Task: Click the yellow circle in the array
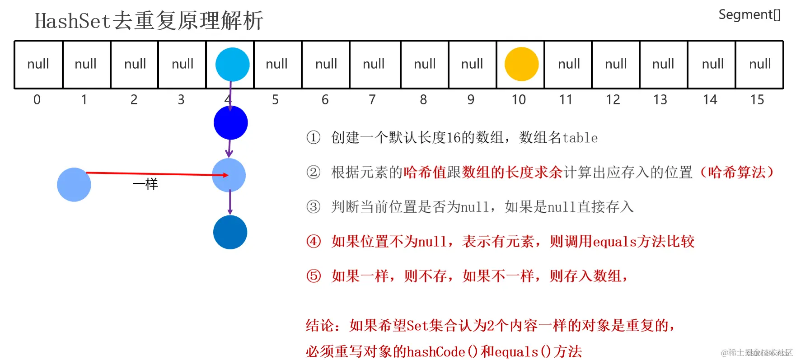click(x=521, y=64)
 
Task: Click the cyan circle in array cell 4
click(x=232, y=64)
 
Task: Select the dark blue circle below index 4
click(x=230, y=122)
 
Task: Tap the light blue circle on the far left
click(x=74, y=184)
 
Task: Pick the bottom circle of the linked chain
click(x=230, y=232)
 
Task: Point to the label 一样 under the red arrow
click(x=145, y=184)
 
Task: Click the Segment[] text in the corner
click(x=749, y=15)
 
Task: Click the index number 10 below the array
click(x=519, y=99)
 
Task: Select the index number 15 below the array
click(x=757, y=99)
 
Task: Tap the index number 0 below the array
click(x=37, y=99)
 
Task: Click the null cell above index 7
click(x=374, y=64)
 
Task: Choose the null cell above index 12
click(x=616, y=64)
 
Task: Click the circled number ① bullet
click(x=314, y=137)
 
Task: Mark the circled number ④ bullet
click(x=314, y=241)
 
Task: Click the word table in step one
click(x=580, y=138)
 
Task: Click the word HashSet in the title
click(x=72, y=21)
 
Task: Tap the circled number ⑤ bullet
click(x=314, y=276)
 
